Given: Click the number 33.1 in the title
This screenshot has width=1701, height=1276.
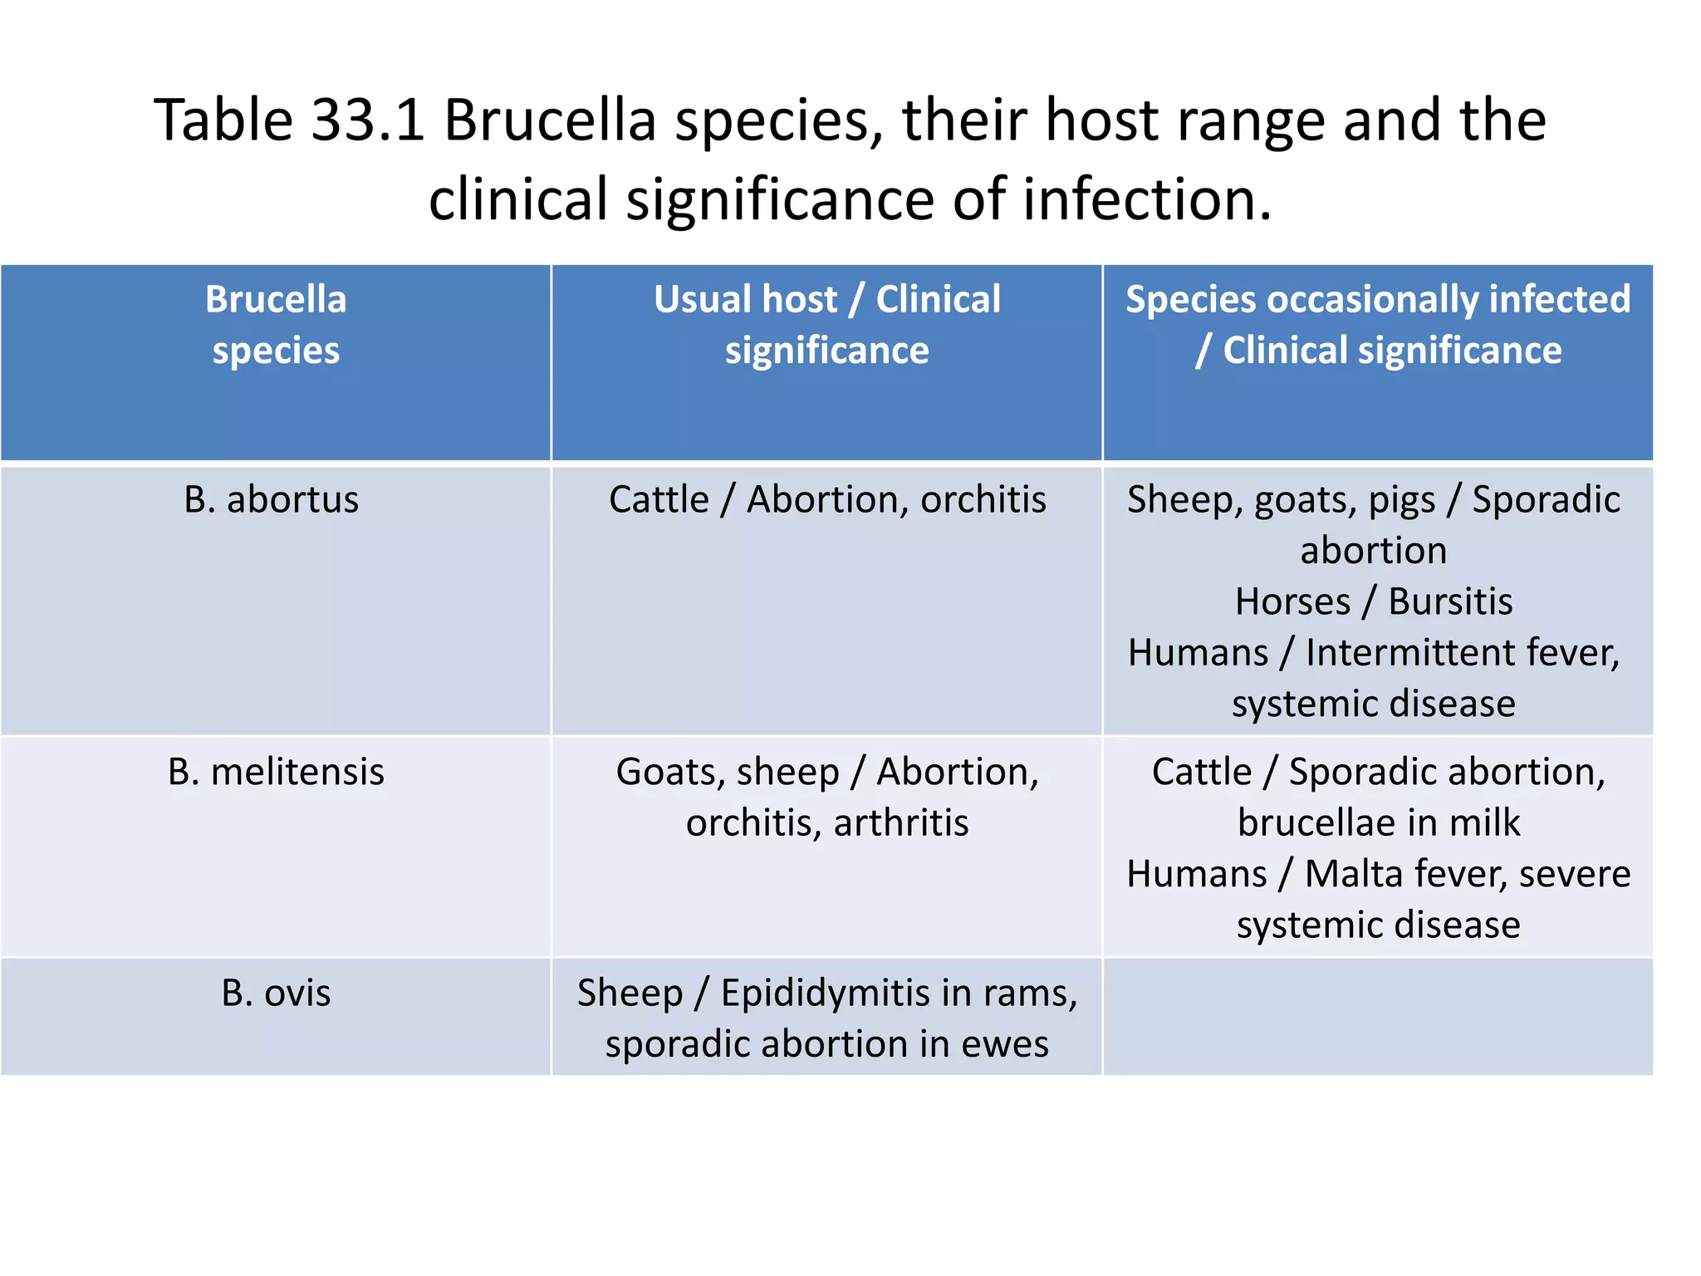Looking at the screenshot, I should (x=367, y=120).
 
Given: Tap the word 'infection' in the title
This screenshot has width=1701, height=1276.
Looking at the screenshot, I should (x=1146, y=200).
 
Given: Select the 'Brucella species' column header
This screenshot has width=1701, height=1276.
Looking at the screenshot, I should (x=276, y=325).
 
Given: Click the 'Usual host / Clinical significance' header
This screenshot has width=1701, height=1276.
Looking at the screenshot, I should (x=826, y=325).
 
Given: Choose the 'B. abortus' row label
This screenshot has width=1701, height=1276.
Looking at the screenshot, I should (x=272, y=500).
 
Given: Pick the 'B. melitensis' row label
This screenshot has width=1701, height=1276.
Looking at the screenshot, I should (x=276, y=772).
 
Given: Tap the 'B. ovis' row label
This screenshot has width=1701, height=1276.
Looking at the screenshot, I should (x=276, y=993).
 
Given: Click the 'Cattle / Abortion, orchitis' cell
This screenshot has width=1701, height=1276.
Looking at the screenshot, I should (x=826, y=500).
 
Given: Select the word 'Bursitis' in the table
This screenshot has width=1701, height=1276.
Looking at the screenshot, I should (x=1450, y=602).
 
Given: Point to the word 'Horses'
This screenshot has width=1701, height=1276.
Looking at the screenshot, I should (x=1292, y=602).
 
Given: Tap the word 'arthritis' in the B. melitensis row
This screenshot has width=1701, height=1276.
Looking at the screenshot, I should (x=901, y=823).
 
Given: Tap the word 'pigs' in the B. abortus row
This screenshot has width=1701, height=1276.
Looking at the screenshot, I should (x=1401, y=500).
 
